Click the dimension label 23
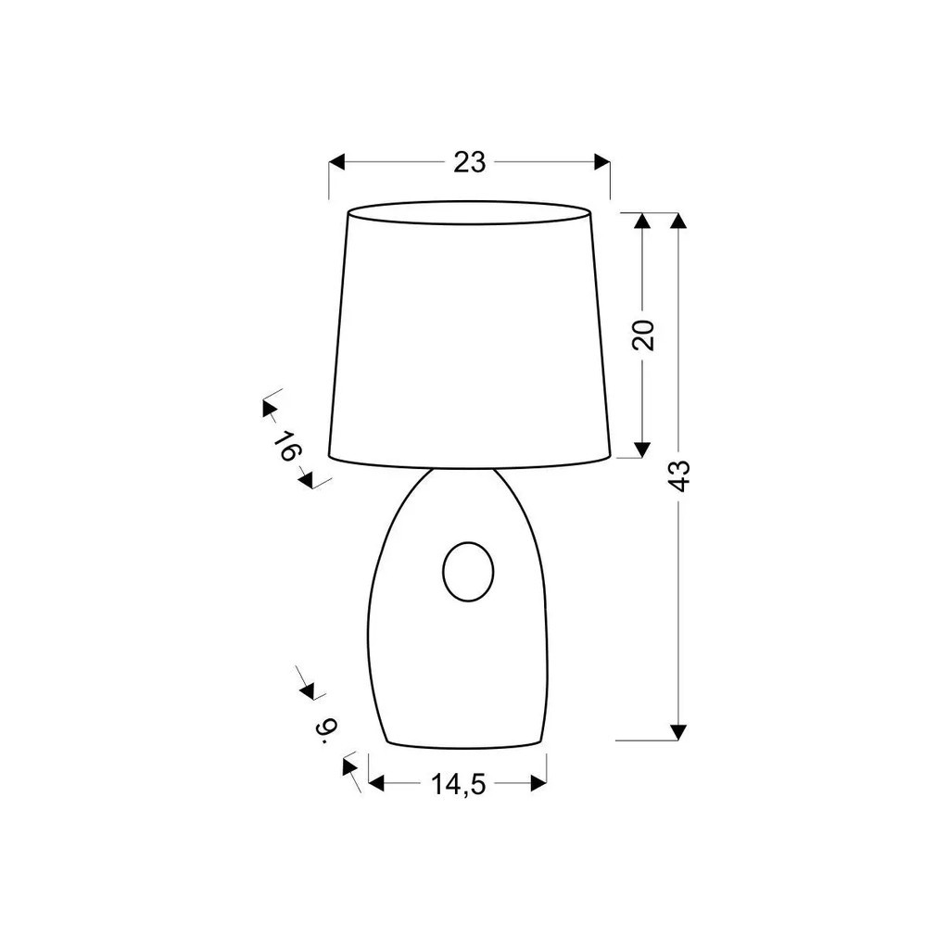click(470, 162)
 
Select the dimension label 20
click(643, 335)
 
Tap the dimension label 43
click(680, 476)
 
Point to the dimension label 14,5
click(458, 784)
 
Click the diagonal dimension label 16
click(287, 446)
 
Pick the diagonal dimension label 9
click(325, 730)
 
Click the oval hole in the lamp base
click(468, 572)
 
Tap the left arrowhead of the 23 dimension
click(336, 162)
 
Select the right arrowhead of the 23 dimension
click(602, 162)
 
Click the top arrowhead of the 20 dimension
click(642, 221)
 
